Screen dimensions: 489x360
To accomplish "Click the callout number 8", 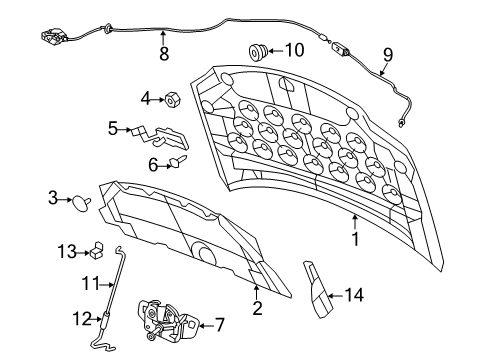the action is click(x=164, y=54).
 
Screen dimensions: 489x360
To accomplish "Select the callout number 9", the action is click(x=388, y=55).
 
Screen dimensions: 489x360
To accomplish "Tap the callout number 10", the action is click(x=295, y=50).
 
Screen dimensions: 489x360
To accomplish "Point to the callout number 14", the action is click(x=354, y=295).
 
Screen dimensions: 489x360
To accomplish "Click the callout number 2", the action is click(x=257, y=308).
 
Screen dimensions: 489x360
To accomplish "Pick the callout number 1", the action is click(x=356, y=239).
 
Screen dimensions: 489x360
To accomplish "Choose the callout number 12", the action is click(x=82, y=319).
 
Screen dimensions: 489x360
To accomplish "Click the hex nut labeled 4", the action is click(x=173, y=99).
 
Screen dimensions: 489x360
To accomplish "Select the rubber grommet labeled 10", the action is click(x=258, y=52).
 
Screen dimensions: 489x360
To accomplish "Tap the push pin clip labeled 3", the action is click(x=81, y=203).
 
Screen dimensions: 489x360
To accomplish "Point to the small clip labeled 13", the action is click(x=96, y=251).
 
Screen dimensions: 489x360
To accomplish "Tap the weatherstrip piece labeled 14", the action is click(x=317, y=289).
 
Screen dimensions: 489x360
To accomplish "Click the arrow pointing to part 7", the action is click(x=206, y=326).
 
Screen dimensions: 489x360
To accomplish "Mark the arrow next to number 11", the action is click(x=107, y=285).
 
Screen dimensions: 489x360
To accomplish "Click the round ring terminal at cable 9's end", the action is click(x=401, y=123).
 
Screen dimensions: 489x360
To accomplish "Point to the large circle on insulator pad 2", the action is click(x=203, y=252).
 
